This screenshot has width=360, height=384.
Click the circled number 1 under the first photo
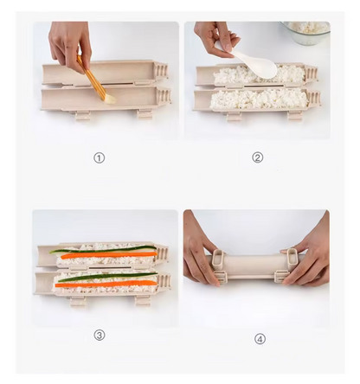click(x=100, y=158)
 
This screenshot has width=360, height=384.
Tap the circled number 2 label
click(x=257, y=157)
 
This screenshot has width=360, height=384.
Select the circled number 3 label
click(x=100, y=335)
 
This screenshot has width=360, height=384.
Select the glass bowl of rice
click(x=307, y=33)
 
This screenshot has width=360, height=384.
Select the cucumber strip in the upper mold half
click(x=104, y=250)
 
